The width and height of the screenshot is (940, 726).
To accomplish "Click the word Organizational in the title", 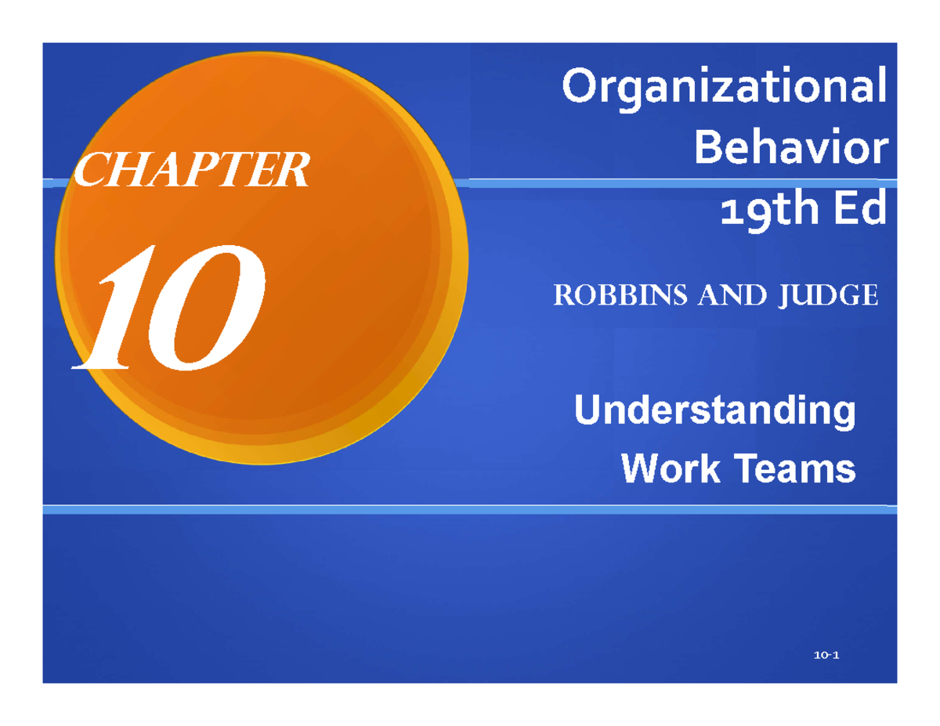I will [725, 88].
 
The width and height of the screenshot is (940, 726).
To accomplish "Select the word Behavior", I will [792, 149].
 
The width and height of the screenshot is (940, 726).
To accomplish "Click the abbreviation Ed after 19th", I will [858, 209].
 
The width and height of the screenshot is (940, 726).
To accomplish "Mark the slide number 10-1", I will [826, 656].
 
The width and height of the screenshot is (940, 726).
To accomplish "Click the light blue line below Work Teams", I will [470, 509].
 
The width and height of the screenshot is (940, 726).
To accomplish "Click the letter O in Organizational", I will [580, 88].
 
